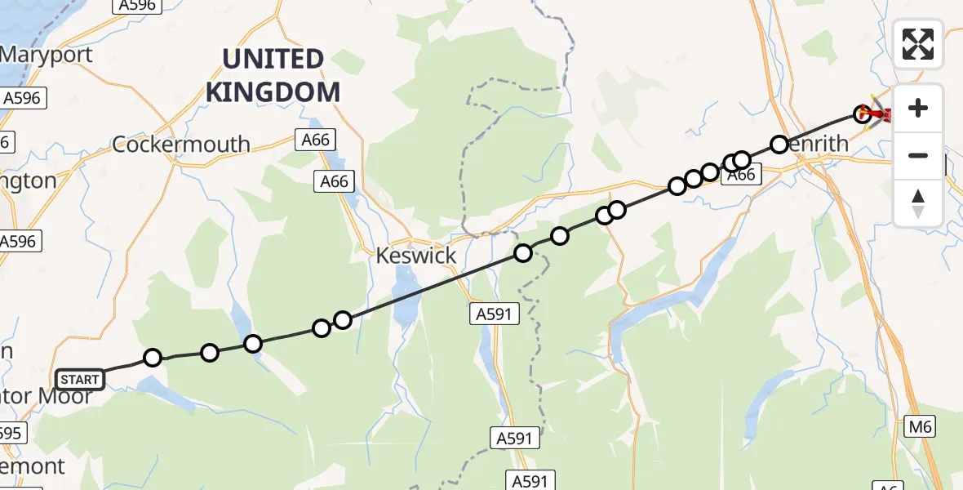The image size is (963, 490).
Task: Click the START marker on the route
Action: click(x=79, y=379)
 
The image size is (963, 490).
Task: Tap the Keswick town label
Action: click(x=416, y=256)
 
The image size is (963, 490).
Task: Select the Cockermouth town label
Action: click(x=180, y=144)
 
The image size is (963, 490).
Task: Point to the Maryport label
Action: click(x=47, y=55)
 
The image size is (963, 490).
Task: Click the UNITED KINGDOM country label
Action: click(x=273, y=75)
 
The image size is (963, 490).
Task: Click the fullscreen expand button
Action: click(x=918, y=44)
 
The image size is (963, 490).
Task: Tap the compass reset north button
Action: click(x=918, y=203)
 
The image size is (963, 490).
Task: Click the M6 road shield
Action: click(x=919, y=425)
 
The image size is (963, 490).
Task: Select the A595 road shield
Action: click(x=11, y=433)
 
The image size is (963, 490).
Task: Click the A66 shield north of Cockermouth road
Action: click(x=315, y=140)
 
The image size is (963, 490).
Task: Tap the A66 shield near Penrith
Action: click(x=740, y=174)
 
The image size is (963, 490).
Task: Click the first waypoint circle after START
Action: click(x=153, y=358)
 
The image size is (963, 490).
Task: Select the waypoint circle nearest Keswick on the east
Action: click(x=522, y=253)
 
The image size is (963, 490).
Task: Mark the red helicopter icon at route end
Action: click(x=878, y=114)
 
